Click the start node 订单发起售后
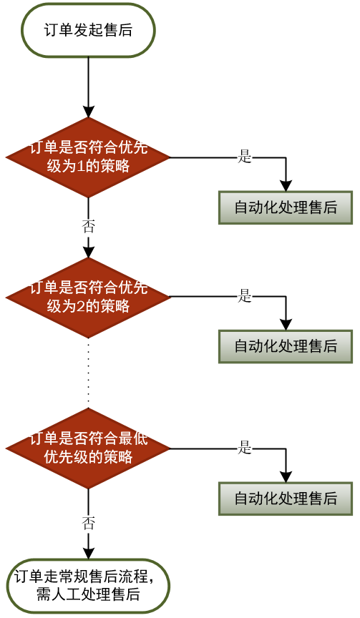[88, 30]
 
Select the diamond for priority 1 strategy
[88, 157]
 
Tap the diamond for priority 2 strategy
[88, 297]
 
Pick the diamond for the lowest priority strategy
[88, 448]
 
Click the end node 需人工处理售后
[88, 585]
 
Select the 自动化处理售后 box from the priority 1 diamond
[286, 207]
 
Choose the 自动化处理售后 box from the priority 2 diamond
[286, 346]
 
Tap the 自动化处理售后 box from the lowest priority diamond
[286, 498]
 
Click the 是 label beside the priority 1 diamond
[245, 157]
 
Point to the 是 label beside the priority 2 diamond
[245, 296]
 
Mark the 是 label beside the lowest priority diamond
[245, 448]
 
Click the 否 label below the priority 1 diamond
[88, 227]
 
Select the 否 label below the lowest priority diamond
[88, 524]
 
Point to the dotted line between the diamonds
[88, 373]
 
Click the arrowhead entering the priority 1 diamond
[88, 112]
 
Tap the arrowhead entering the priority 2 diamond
[88, 252]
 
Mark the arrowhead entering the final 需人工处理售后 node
[88, 553]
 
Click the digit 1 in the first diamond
[80, 167]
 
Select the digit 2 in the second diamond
[80, 306]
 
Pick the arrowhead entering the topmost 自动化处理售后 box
[286, 186]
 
